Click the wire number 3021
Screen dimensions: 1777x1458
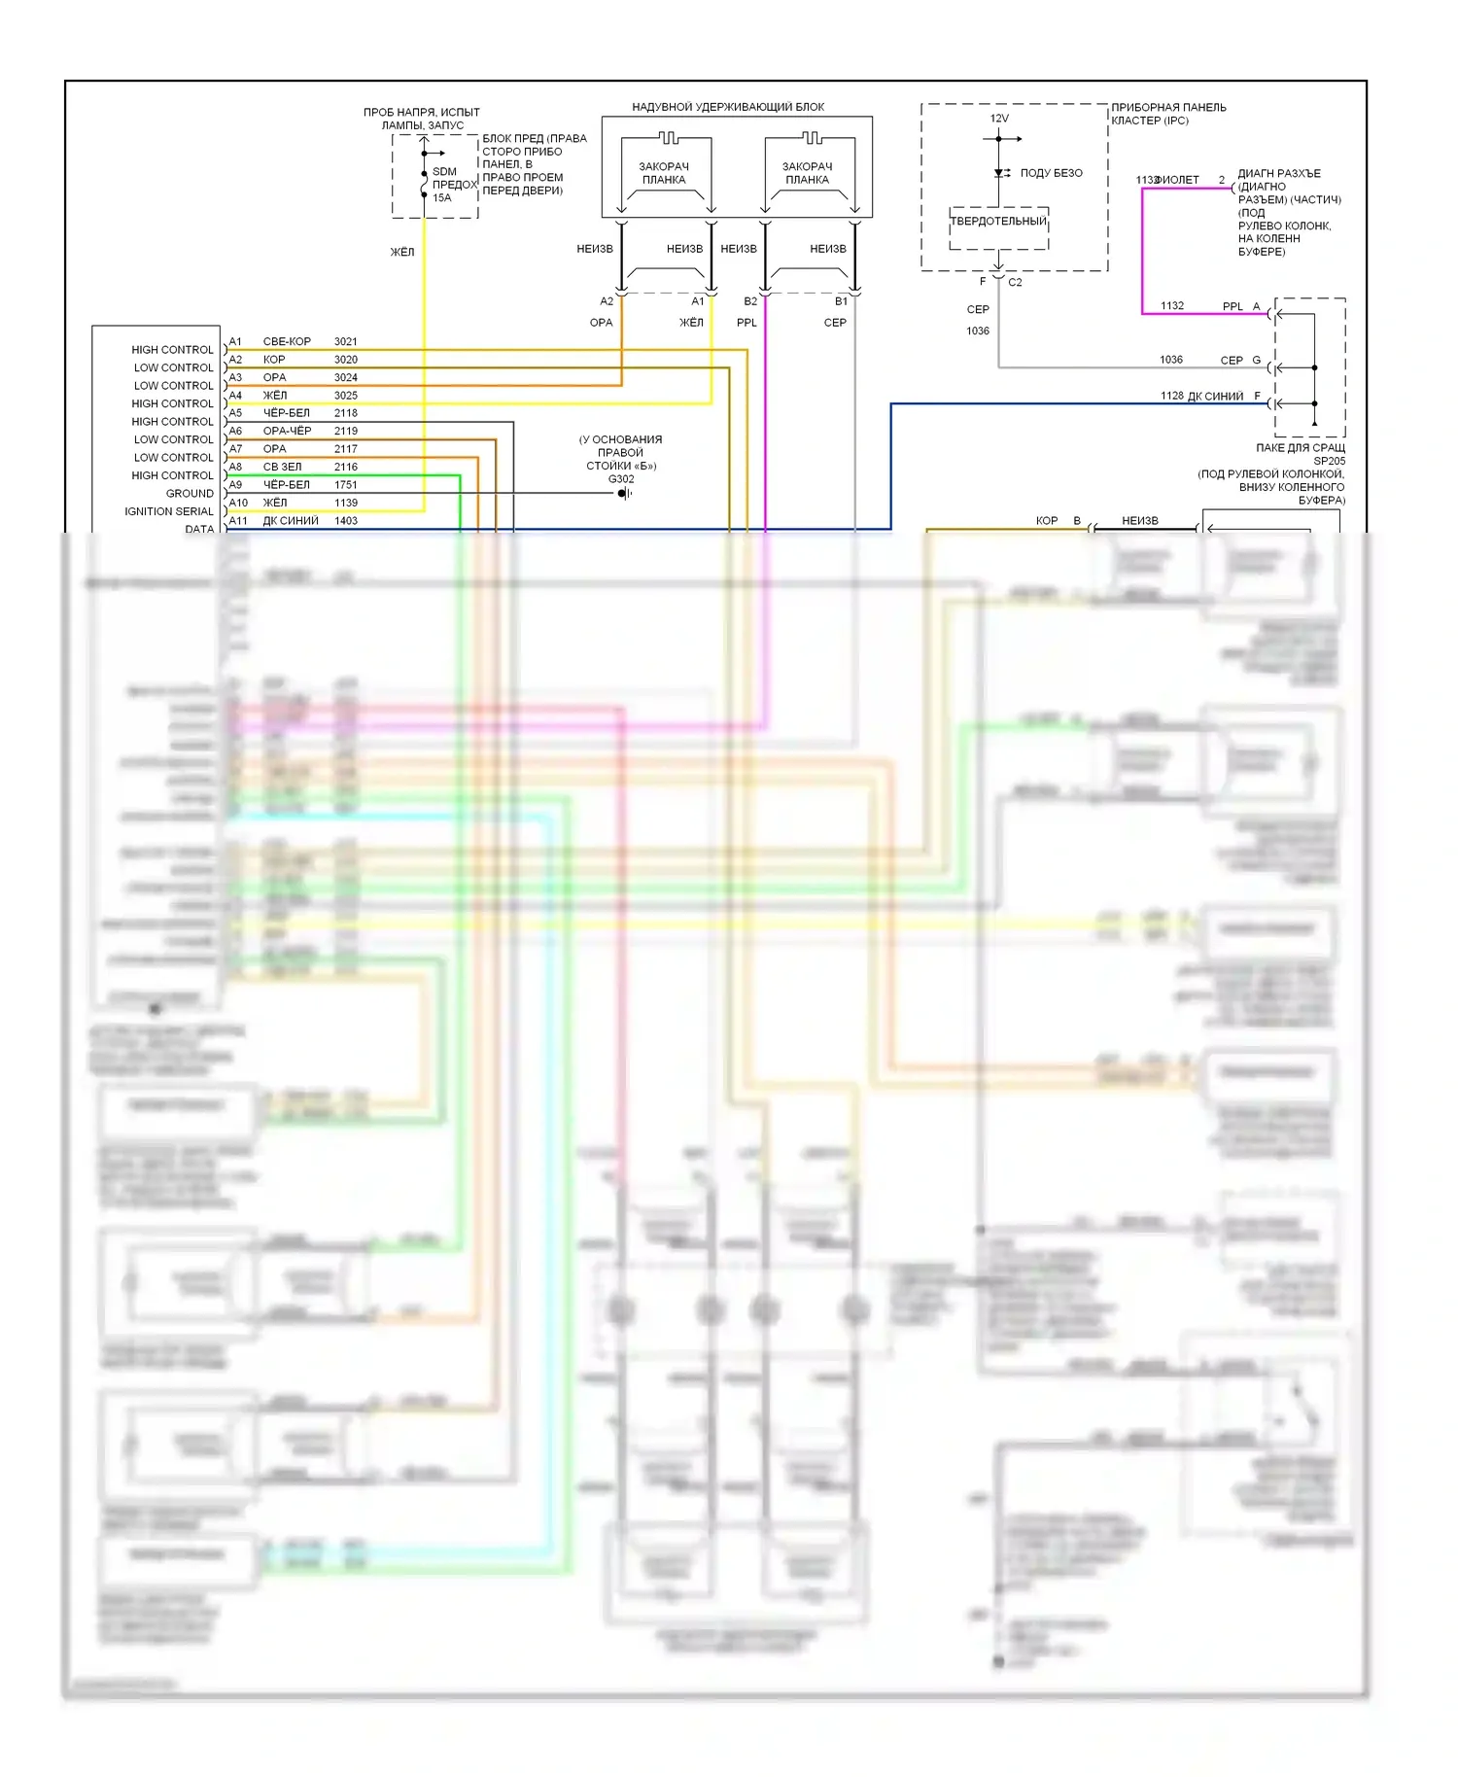[345, 341]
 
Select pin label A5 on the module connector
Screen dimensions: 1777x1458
[235, 413]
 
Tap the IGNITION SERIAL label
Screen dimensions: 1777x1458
[168, 511]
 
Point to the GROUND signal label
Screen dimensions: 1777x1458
[189, 494]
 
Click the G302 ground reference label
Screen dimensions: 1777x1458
[620, 479]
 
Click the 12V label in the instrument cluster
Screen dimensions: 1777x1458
[999, 119]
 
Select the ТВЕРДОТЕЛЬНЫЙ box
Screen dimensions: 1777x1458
[998, 222]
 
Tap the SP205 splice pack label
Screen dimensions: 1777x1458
[1329, 461]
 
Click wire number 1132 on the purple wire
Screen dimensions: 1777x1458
[1172, 306]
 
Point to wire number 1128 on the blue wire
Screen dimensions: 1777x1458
[1171, 396]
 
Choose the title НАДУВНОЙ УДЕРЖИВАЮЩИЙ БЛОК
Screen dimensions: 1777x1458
[728, 107]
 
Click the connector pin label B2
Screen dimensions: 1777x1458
[749, 301]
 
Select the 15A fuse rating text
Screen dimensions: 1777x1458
[441, 198]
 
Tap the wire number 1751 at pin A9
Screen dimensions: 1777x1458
[345, 485]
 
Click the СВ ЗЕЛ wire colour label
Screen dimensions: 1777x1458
[282, 468]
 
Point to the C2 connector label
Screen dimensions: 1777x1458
[1015, 283]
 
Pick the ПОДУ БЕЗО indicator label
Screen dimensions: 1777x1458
[1051, 173]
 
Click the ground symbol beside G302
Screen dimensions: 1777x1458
[624, 494]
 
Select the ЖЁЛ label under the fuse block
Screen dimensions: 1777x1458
[401, 253]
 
